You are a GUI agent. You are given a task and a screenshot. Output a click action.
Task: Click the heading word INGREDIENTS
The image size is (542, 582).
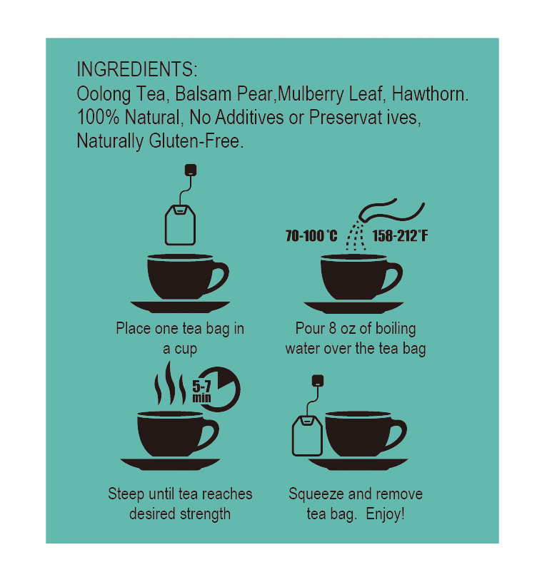tap(136, 70)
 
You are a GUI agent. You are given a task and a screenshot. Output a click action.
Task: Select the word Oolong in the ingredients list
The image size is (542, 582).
tap(99, 94)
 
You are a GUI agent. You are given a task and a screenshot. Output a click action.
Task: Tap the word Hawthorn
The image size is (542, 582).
tap(436, 94)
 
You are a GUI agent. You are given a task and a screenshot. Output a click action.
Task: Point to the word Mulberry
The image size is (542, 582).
tap(309, 94)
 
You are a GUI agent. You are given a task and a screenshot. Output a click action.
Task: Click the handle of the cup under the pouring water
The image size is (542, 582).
tap(392, 277)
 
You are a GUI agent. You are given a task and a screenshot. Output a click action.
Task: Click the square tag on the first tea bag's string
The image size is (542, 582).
tap(190, 170)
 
